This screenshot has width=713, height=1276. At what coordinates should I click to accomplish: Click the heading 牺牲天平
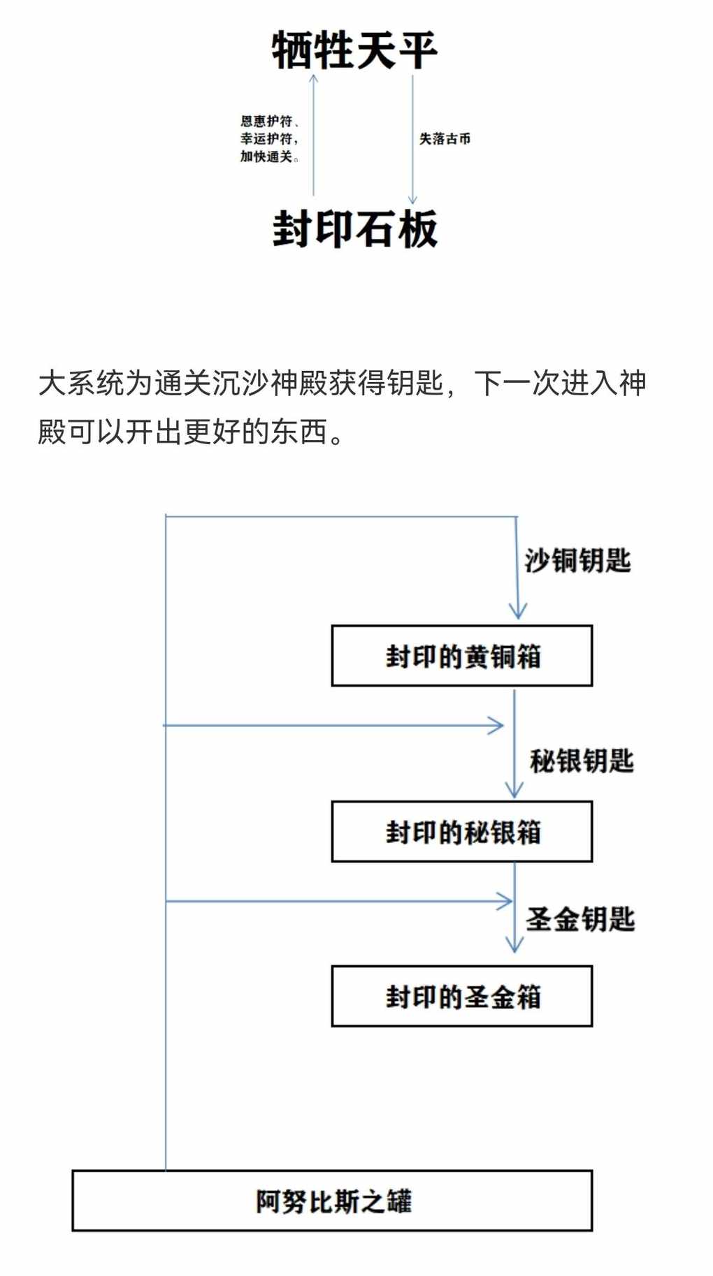point(354,50)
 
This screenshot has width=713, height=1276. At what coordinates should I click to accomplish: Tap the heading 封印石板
point(355,228)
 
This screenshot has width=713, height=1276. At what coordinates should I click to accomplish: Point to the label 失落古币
point(445,138)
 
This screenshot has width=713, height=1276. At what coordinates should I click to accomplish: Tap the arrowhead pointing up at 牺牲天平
point(314,79)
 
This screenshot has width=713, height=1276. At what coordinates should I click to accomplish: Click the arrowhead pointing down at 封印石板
point(412,199)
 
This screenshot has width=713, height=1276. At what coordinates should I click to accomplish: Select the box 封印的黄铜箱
point(462,656)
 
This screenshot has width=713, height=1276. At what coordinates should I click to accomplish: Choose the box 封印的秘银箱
point(462,831)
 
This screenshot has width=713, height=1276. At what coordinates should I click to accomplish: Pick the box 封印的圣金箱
point(462,996)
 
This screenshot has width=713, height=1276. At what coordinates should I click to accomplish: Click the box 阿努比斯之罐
point(332,1201)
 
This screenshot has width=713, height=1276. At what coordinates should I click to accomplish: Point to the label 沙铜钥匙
point(578,560)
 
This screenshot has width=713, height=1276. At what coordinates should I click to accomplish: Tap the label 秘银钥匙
point(582,761)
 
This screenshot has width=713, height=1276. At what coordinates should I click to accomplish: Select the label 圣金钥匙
point(580,919)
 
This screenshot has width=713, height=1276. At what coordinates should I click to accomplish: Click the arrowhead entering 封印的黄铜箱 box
point(517,610)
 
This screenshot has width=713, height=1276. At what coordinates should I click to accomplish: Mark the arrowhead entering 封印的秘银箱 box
point(514,789)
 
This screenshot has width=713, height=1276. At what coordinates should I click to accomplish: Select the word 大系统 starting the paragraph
point(81,383)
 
